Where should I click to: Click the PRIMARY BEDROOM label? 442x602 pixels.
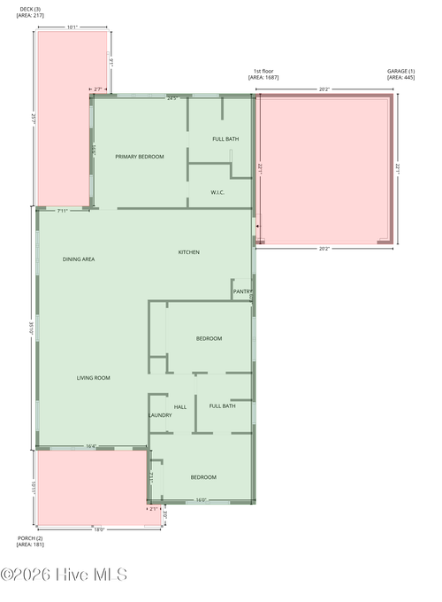pyautogui.click(x=140, y=157)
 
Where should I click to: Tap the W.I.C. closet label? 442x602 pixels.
pyautogui.click(x=218, y=192)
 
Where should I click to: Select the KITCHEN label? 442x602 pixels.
pyautogui.click(x=189, y=252)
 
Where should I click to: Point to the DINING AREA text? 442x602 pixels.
pyautogui.click(x=79, y=259)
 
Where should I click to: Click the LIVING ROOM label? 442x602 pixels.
pyautogui.click(x=93, y=378)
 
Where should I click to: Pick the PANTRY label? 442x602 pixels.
pyautogui.click(x=242, y=291)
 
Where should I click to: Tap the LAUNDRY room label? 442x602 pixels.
pyautogui.click(x=160, y=415)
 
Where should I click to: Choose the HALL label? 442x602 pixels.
pyautogui.click(x=180, y=407)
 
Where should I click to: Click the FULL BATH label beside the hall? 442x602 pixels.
pyautogui.click(x=222, y=405)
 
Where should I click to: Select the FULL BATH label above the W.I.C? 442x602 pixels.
pyautogui.click(x=225, y=139)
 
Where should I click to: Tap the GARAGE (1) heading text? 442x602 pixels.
pyautogui.click(x=400, y=71)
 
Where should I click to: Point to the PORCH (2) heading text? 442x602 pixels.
pyautogui.click(x=30, y=537)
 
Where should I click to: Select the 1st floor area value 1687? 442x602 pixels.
pyautogui.click(x=265, y=77)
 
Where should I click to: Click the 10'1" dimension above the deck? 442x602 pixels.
pyautogui.click(x=72, y=27)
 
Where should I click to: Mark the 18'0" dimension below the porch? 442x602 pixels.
pyautogui.click(x=99, y=529)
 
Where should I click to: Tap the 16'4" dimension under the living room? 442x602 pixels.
pyautogui.click(x=91, y=446)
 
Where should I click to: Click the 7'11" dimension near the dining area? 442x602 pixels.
pyautogui.click(x=62, y=211)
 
